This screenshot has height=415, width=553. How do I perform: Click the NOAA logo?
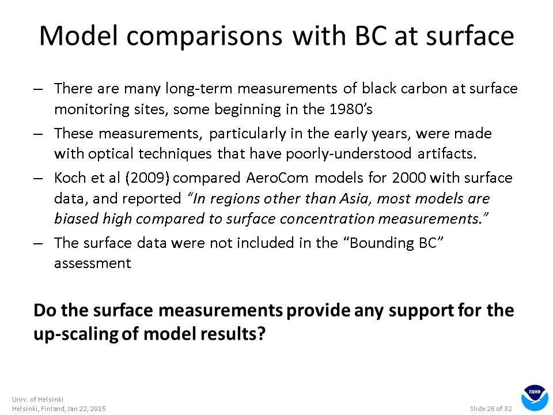535,398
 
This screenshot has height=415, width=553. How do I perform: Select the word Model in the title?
78,36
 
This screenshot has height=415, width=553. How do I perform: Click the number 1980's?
351,109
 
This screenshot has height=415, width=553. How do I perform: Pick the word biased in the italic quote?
77,218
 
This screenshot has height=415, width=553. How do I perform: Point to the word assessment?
92,263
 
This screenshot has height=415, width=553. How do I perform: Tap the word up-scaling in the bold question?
76,334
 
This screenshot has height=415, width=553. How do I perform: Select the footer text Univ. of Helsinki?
38,399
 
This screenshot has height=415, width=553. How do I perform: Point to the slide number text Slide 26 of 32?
491,409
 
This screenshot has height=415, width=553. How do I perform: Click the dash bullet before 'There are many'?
38,89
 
